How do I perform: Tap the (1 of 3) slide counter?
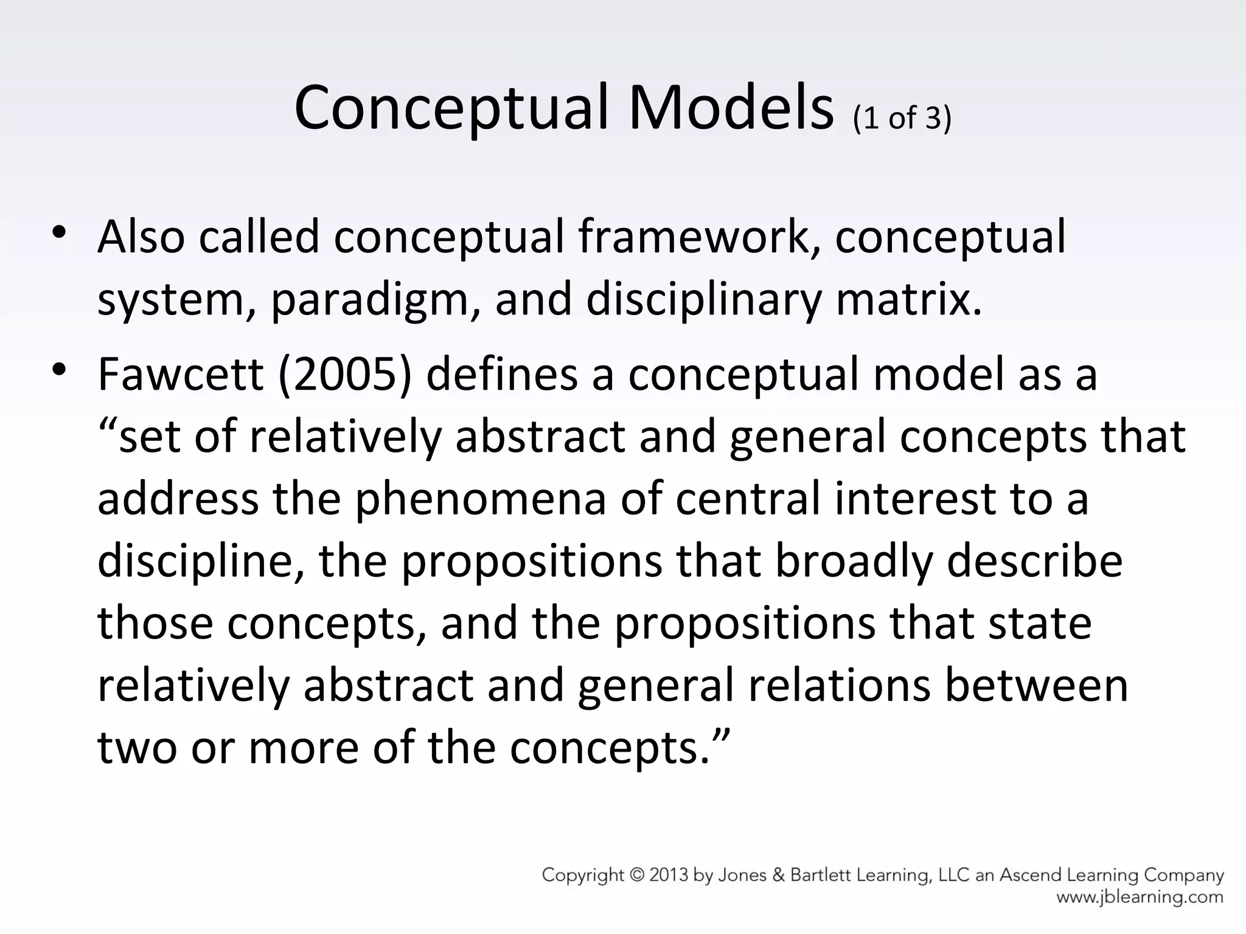(902, 118)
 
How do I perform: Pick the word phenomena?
(480, 500)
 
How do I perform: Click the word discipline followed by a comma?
(201, 561)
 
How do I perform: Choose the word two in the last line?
(137, 748)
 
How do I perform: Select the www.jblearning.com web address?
(1140, 897)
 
